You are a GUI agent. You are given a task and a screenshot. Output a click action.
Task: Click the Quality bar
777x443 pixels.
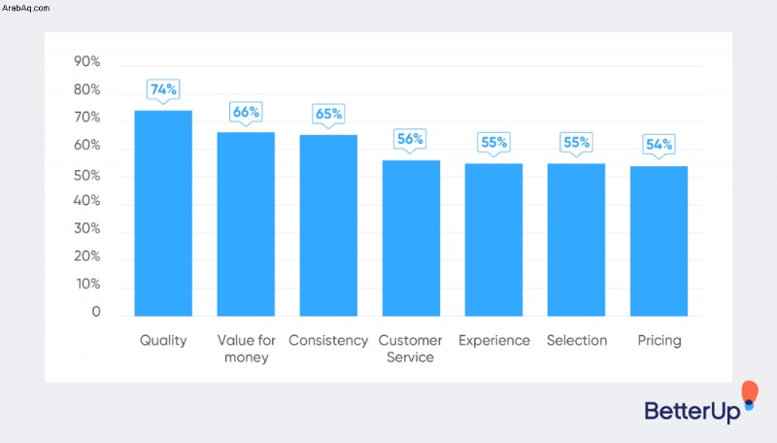click(x=163, y=213)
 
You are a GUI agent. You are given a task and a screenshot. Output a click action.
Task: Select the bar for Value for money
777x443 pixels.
click(x=246, y=224)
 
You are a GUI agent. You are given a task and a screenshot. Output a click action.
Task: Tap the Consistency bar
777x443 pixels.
click(x=328, y=225)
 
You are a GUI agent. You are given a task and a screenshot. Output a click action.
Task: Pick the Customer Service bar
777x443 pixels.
click(x=411, y=238)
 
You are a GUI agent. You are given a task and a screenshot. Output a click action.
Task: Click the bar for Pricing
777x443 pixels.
click(x=659, y=241)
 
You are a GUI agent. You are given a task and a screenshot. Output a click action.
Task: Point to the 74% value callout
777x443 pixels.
click(x=163, y=90)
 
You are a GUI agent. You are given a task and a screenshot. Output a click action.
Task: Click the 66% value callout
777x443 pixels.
click(x=246, y=113)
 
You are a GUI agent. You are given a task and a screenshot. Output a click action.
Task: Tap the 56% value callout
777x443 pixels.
click(x=410, y=140)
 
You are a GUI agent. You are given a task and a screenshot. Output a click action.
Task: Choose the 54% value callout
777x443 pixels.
click(x=659, y=146)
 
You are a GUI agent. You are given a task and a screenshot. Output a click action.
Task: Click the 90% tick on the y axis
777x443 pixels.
click(x=86, y=61)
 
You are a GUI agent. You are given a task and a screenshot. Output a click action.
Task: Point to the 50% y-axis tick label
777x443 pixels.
click(x=86, y=176)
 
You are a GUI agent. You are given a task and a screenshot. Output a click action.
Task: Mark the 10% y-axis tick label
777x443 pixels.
click(x=87, y=284)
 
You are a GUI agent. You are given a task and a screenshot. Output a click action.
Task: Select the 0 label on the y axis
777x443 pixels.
click(x=96, y=312)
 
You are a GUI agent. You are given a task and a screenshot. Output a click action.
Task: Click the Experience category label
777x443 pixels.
click(x=494, y=341)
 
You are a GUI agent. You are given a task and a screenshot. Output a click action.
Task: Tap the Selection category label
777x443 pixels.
click(x=577, y=340)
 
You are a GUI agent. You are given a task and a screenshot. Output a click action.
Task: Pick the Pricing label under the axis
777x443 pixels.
click(x=659, y=341)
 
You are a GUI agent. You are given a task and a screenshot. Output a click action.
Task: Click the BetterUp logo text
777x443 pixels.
click(x=693, y=411)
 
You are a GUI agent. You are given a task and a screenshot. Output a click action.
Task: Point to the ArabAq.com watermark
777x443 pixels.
click(x=26, y=8)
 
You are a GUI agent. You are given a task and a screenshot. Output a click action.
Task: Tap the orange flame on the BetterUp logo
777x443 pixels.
click(x=750, y=391)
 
